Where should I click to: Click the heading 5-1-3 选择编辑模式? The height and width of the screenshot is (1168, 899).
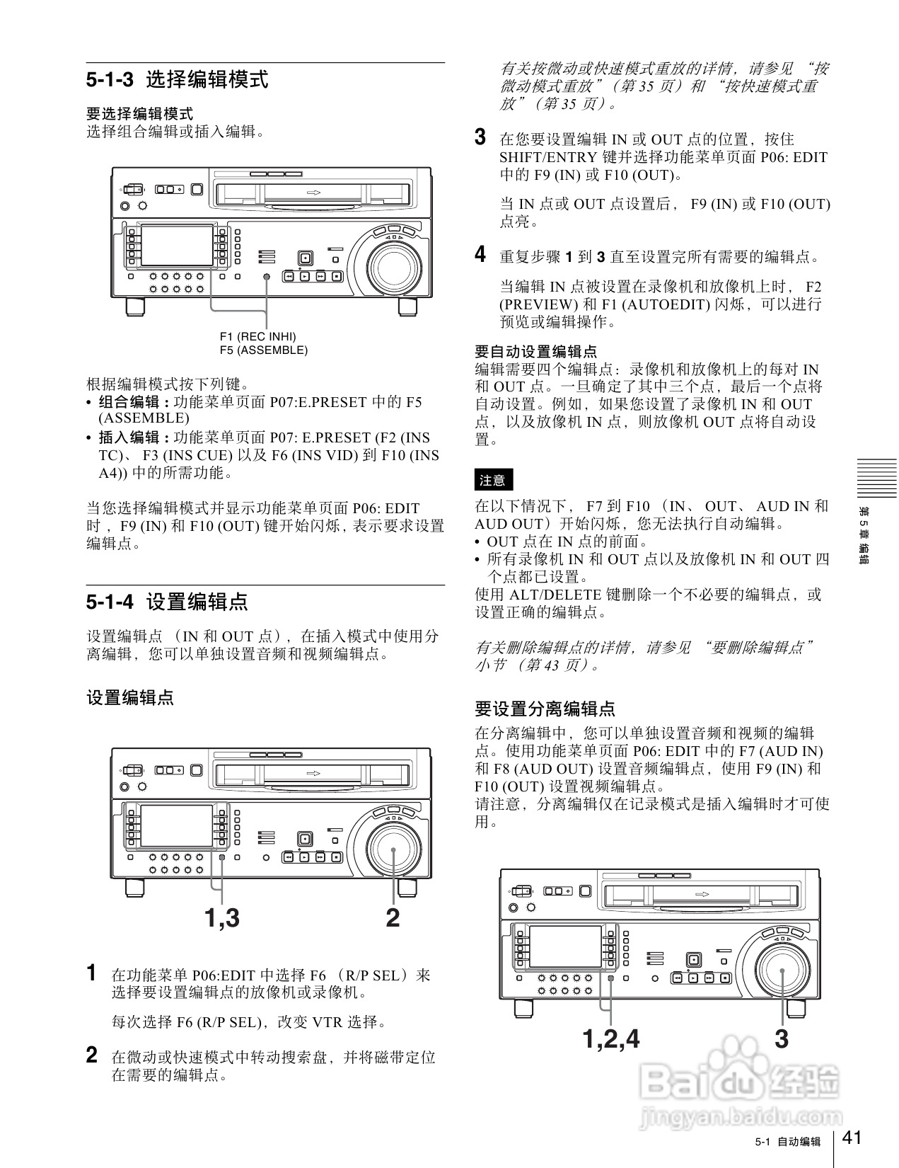tap(177, 79)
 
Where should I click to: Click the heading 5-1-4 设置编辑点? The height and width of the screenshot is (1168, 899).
tap(167, 602)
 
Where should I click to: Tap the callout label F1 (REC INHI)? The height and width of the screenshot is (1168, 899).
tap(257, 336)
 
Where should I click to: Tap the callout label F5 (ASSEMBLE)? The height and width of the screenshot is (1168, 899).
tap(263, 350)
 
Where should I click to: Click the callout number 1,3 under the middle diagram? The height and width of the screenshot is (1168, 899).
tap(222, 918)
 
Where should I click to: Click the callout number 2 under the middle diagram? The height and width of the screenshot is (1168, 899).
tap(393, 918)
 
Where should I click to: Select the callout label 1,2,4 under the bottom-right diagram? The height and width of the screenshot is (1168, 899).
tap(610, 1039)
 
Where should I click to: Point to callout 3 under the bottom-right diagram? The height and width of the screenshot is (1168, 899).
tap(781, 1039)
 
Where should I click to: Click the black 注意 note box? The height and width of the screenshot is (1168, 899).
tap(492, 480)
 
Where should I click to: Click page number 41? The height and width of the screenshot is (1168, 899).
tap(852, 1138)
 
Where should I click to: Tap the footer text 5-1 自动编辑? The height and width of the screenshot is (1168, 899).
tap(787, 1142)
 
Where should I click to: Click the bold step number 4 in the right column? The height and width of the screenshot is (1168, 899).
tap(480, 254)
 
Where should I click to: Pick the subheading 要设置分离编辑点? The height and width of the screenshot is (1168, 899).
tap(545, 709)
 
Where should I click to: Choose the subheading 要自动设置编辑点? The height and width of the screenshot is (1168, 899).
tap(535, 351)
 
